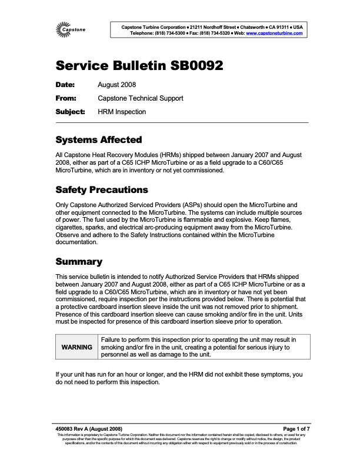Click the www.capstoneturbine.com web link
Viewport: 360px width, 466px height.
click(274, 34)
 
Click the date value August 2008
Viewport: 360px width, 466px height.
click(116, 85)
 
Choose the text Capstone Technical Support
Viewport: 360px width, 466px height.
click(140, 98)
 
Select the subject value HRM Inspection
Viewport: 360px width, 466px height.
click(122, 111)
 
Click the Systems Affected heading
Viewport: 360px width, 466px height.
click(98, 140)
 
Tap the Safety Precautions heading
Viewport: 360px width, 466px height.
click(101, 190)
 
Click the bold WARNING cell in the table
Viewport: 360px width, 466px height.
click(76, 347)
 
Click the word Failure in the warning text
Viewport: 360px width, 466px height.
click(112, 339)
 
